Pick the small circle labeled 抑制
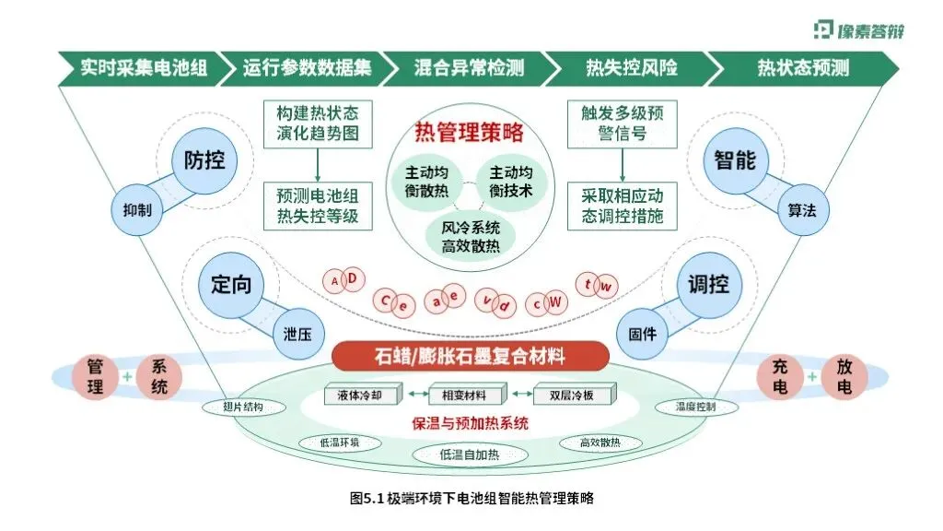click(x=138, y=209)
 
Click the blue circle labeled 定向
click(x=230, y=285)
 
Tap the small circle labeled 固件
click(x=642, y=334)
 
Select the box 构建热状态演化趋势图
click(x=317, y=124)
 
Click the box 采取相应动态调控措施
click(x=622, y=207)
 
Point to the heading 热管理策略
click(x=470, y=133)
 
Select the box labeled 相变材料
click(x=470, y=395)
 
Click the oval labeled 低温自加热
click(x=469, y=454)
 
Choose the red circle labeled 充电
click(x=780, y=377)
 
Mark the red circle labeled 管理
click(x=95, y=377)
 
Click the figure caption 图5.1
click(x=471, y=499)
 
